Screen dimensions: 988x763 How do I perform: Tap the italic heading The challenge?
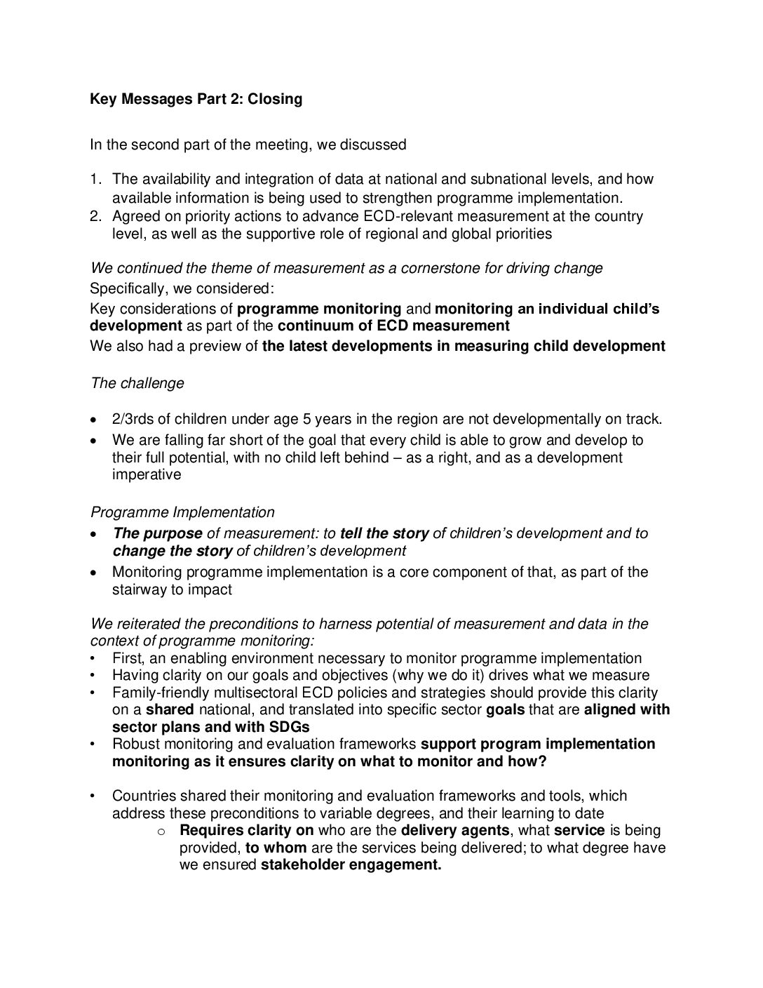[x=137, y=383]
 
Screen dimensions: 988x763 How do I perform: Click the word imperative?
[x=146, y=474]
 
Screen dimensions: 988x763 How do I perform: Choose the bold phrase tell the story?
[x=384, y=533]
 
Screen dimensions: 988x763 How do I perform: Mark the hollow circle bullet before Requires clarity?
[x=161, y=832]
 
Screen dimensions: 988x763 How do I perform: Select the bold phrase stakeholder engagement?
[x=351, y=865]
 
